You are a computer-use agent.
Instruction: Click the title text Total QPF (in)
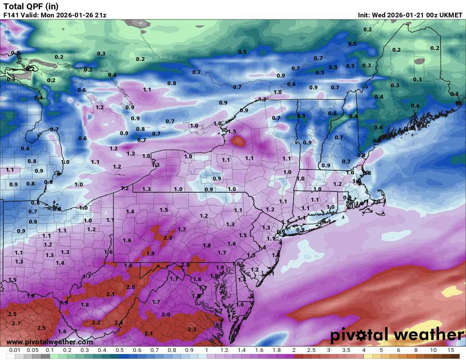tap(31, 6)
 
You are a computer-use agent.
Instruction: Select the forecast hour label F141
tap(11, 15)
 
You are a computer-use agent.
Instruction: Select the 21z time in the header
tap(100, 15)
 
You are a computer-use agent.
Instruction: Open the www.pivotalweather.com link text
tap(50, 342)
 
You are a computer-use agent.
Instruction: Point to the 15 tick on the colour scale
tap(450, 350)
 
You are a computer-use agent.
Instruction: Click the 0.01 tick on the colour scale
tap(15, 350)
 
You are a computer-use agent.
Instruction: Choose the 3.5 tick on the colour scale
tap(346, 350)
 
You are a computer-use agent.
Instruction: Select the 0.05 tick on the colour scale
tap(32, 350)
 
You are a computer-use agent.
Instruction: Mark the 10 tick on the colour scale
tap(433, 350)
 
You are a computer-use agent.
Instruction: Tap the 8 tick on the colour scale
tap(416, 350)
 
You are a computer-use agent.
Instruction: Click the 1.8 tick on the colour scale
tap(276, 350)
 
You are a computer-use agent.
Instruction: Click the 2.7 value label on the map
tap(16, 323)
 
